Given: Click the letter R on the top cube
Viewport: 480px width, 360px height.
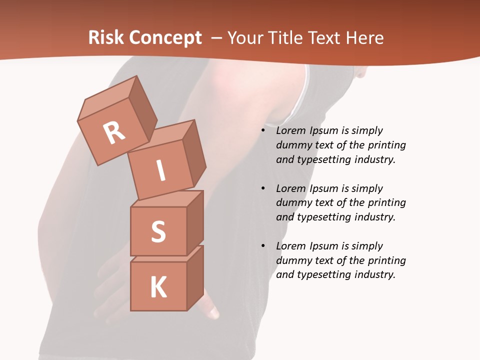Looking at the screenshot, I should click(114, 132).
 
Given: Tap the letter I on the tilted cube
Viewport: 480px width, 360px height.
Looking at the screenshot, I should click(160, 170).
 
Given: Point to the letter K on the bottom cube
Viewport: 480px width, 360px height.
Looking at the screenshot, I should click(158, 287).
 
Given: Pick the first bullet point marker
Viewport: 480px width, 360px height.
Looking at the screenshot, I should click(263, 131).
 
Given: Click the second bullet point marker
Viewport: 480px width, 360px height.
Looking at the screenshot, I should click(263, 188).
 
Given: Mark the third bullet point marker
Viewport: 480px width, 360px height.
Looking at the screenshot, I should click(263, 246).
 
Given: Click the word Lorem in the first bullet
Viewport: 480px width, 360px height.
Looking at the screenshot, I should click(290, 131).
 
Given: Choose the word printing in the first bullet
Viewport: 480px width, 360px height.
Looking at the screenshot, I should click(386, 145).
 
